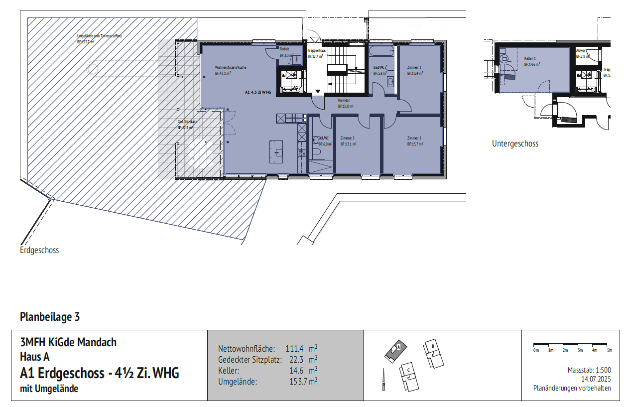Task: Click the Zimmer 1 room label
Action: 414,67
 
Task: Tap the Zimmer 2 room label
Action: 414,138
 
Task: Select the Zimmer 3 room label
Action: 348,138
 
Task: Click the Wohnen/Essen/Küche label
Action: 230,67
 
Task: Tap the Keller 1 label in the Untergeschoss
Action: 530,59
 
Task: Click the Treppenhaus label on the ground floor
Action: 316,51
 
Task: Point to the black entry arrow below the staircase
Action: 318,91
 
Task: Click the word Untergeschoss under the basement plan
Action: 515,143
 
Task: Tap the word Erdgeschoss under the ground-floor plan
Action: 39,250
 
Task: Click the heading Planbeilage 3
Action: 50,316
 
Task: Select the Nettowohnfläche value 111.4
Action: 294,348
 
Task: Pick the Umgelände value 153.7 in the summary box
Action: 296,382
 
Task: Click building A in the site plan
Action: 395,350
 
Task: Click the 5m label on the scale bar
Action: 609,350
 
